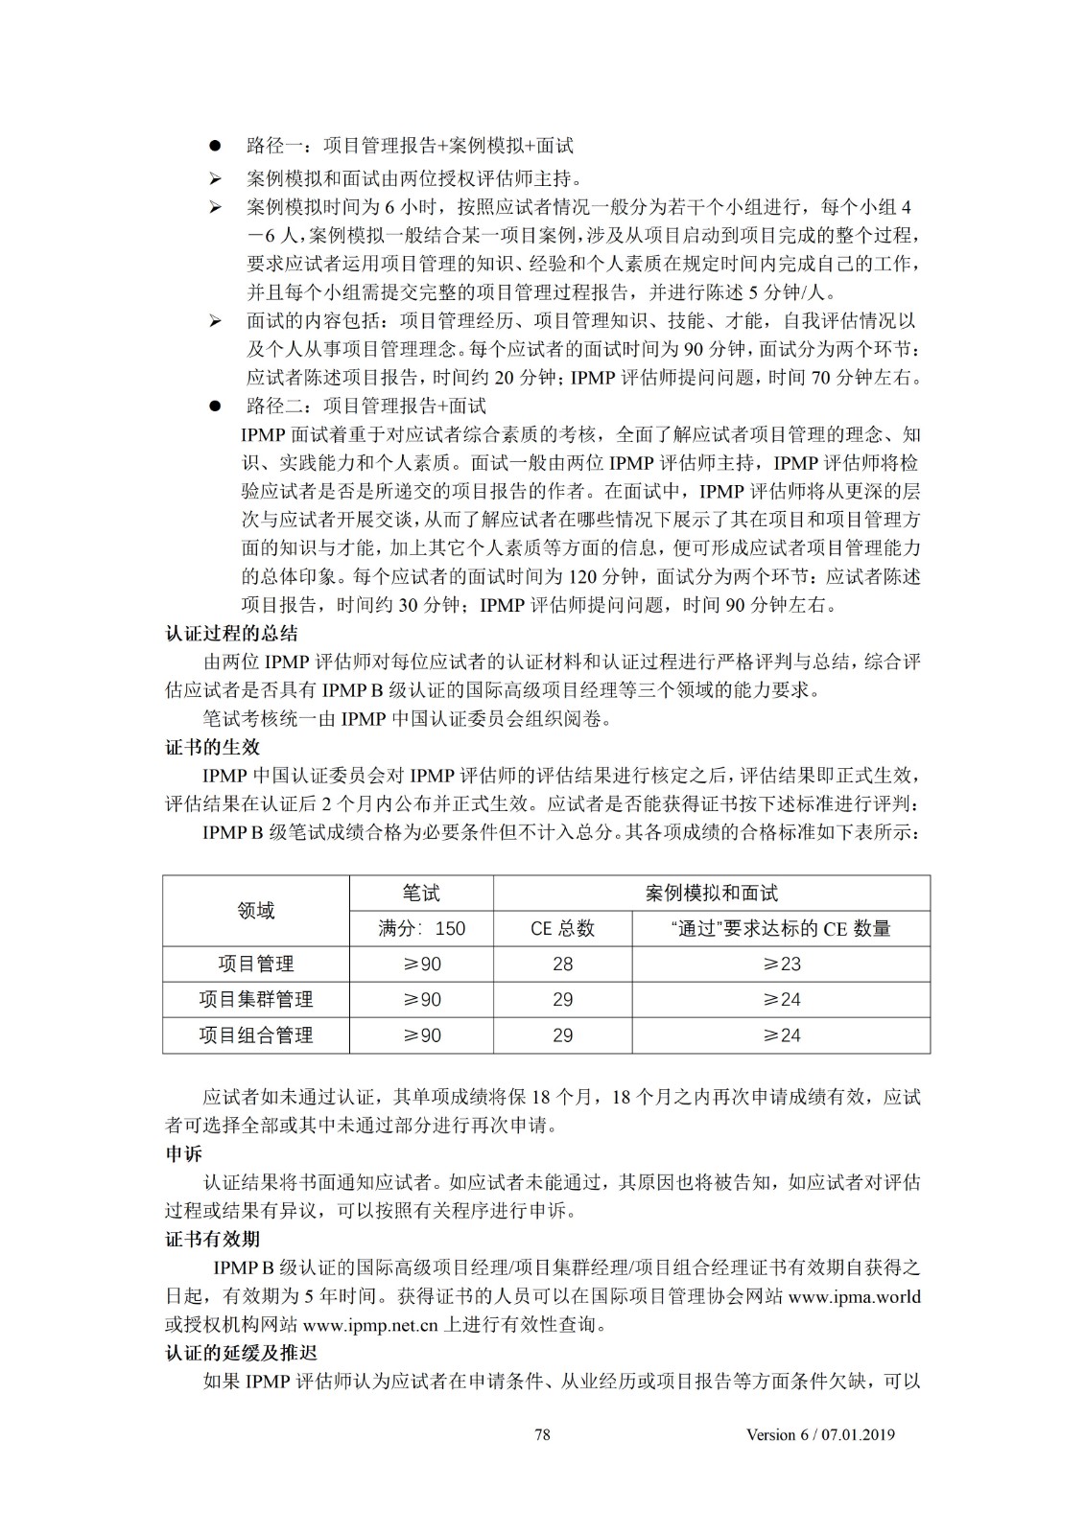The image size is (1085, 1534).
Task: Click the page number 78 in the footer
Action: click(x=542, y=1434)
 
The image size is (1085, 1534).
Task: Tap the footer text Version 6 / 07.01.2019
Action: click(x=820, y=1434)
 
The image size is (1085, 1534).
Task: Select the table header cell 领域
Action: click(x=256, y=911)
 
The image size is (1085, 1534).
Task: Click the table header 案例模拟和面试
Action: click(x=711, y=893)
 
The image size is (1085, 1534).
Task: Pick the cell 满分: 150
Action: click(x=421, y=928)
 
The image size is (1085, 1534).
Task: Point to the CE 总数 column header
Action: click(x=562, y=928)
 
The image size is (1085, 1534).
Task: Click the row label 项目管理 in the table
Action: click(x=256, y=964)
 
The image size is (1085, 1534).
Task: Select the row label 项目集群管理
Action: click(x=256, y=999)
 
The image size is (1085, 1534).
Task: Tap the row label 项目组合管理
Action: click(x=256, y=1035)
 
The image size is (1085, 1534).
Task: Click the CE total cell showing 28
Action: click(x=562, y=964)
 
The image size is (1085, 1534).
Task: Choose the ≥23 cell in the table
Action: click(x=781, y=964)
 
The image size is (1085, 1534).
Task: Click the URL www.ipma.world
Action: click(x=854, y=1296)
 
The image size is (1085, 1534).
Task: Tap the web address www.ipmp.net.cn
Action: click(x=370, y=1325)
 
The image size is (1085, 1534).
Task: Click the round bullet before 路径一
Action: click(x=216, y=146)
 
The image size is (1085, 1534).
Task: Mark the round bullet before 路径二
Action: click(x=216, y=406)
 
